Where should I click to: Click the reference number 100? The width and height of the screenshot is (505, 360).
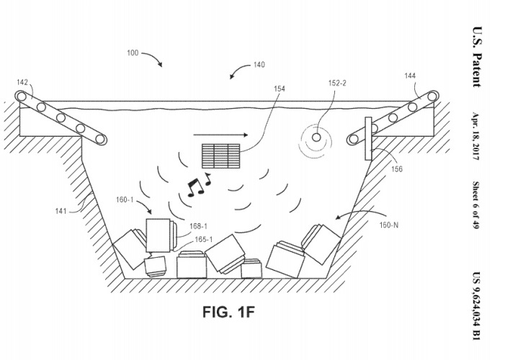tap(133, 53)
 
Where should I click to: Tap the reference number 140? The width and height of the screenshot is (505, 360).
tap(258, 66)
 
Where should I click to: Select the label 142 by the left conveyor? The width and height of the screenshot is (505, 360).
tap(24, 82)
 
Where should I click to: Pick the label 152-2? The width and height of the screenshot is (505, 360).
tap(338, 84)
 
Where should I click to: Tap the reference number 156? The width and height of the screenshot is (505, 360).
tap(398, 169)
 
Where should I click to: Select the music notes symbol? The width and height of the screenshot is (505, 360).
tap(196, 185)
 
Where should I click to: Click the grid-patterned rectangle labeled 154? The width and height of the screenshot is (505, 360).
tap(222, 156)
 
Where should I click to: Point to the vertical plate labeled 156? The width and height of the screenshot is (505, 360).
tap(367, 140)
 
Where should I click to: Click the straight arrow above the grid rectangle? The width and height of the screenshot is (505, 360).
tap(220, 134)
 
